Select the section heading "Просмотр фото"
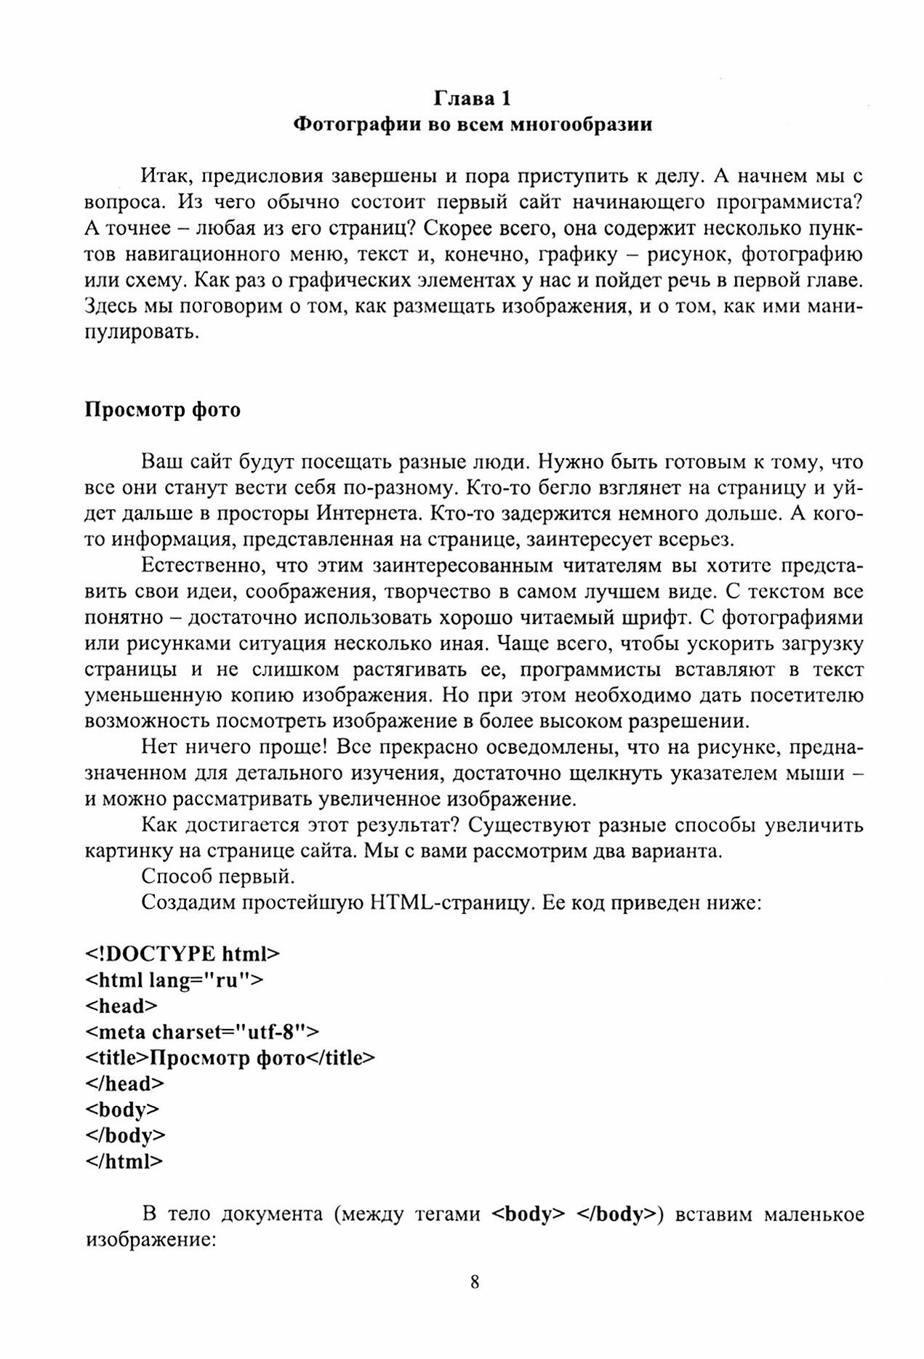[163, 410]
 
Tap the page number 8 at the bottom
[475, 1302]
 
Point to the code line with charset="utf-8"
[202, 1031]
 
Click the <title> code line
[230, 1057]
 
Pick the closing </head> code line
[124, 1083]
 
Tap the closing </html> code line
[124, 1161]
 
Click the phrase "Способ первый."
[218, 877]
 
